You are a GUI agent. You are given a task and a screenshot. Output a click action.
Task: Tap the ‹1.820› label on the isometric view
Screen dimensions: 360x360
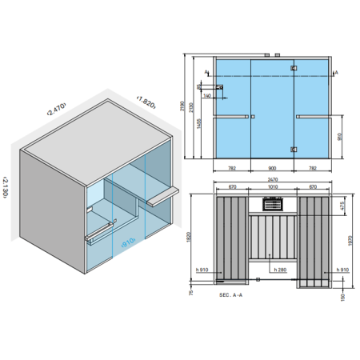[145, 102]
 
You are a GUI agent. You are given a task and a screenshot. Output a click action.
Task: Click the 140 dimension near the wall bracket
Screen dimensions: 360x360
[207, 95]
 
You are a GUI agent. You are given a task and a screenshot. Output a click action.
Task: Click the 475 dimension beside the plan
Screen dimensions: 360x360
[343, 206]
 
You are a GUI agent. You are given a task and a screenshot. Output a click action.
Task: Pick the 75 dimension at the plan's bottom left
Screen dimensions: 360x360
[191, 294]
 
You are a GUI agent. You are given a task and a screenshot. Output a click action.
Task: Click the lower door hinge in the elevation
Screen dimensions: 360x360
[294, 148]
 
